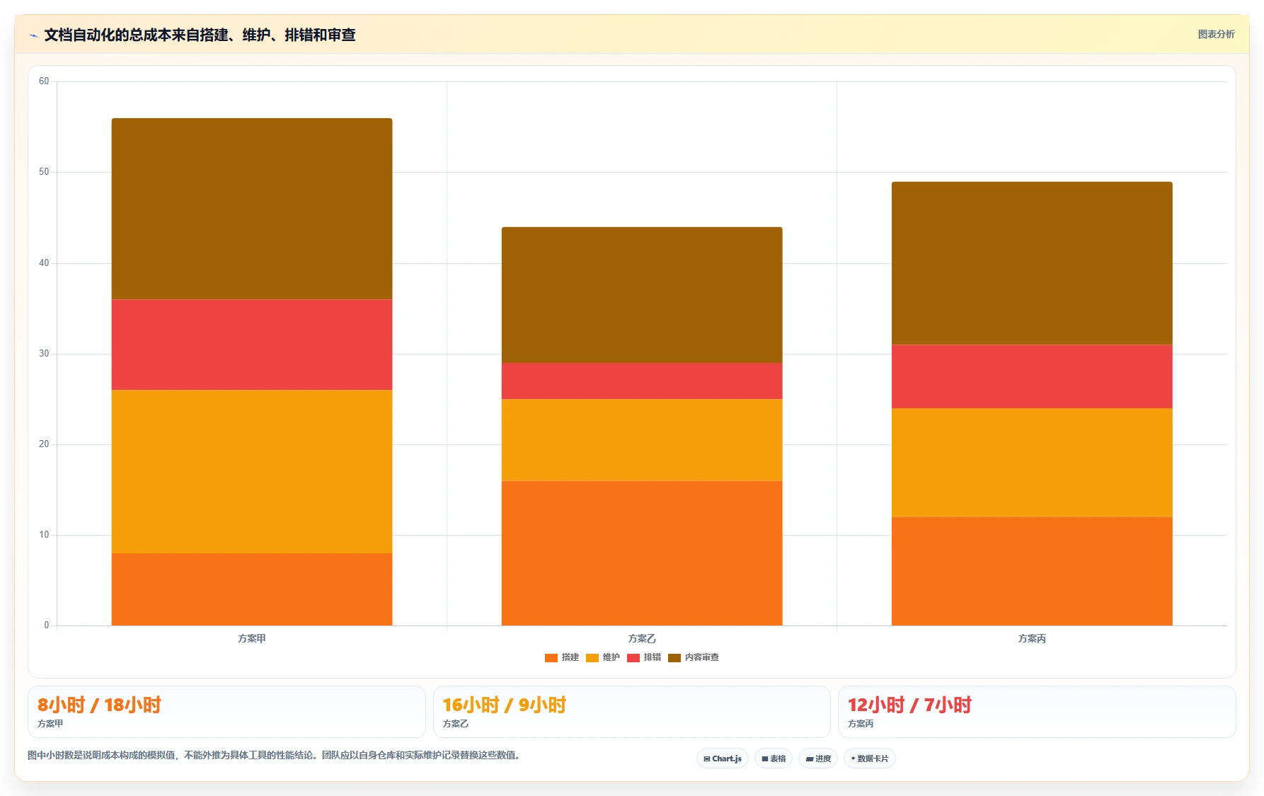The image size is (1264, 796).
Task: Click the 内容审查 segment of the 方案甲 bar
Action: click(x=252, y=209)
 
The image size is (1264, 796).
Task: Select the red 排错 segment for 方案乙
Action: click(x=642, y=381)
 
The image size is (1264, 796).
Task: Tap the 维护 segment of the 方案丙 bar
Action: click(x=1032, y=463)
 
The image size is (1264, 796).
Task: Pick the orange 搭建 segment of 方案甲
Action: click(x=252, y=589)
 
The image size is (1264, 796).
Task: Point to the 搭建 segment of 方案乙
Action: click(x=642, y=553)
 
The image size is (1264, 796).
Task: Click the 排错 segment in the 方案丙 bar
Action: click(x=1032, y=376)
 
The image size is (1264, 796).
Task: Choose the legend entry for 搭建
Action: click(x=562, y=657)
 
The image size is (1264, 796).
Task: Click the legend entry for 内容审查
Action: click(x=694, y=657)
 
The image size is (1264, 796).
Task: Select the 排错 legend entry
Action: click(x=644, y=657)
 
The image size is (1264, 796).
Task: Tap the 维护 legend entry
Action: click(x=603, y=657)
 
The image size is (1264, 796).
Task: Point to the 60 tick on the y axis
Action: click(x=44, y=81)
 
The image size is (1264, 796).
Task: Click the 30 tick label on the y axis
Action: click(x=44, y=354)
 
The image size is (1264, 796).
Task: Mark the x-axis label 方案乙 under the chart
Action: click(x=642, y=638)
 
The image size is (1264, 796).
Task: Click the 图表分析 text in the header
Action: click(x=1216, y=34)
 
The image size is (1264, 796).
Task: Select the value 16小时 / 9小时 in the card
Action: click(x=505, y=705)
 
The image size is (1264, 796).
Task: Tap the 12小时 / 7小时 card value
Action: click(x=909, y=705)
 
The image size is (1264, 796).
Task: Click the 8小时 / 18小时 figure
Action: click(x=99, y=705)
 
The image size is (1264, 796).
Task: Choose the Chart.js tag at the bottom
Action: click(x=723, y=758)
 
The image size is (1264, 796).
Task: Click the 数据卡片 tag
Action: click(x=870, y=758)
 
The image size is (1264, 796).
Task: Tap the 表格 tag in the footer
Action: click(x=774, y=758)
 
